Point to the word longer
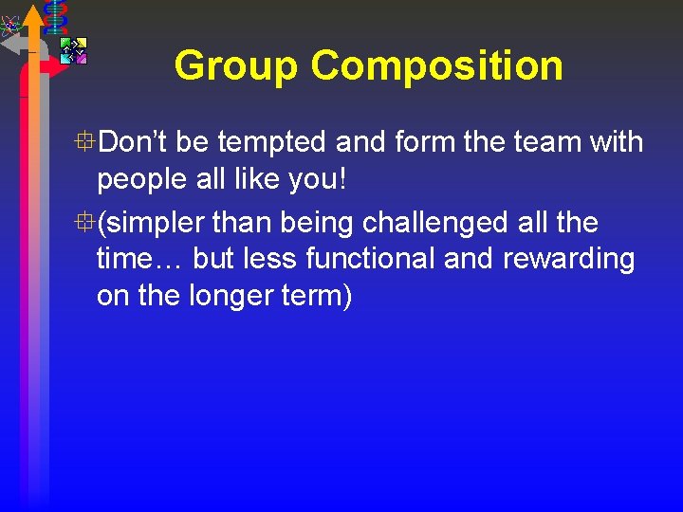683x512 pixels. coord(224,297)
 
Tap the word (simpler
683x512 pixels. coord(152,224)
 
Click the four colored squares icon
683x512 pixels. coord(73,50)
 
